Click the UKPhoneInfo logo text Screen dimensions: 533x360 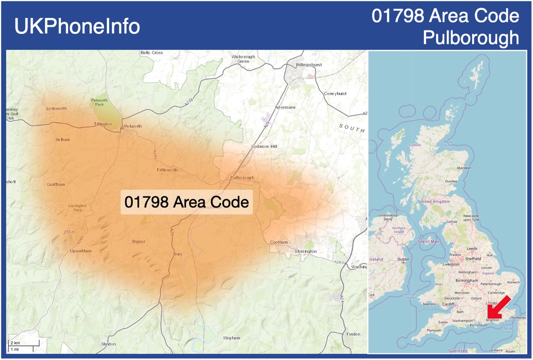[77, 26]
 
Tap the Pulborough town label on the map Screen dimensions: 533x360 [242, 177]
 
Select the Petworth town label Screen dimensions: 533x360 [133, 126]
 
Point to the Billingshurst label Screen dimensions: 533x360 [309, 65]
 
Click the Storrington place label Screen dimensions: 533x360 [306, 251]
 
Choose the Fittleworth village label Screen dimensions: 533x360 [167, 170]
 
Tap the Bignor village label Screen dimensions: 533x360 [138, 241]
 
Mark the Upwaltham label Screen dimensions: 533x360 [81, 251]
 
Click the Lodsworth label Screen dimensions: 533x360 [56, 109]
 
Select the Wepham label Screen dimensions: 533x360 [231, 338]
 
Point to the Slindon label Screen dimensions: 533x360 [109, 344]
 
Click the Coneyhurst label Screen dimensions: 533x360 [335, 94]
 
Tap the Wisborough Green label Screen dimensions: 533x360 [243, 59]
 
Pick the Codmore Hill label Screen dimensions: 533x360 [265, 147]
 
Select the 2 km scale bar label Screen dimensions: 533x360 [15, 343]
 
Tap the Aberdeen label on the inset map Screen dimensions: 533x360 [464, 168]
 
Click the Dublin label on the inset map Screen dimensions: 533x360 [403, 259]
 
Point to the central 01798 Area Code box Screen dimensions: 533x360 [187, 202]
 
